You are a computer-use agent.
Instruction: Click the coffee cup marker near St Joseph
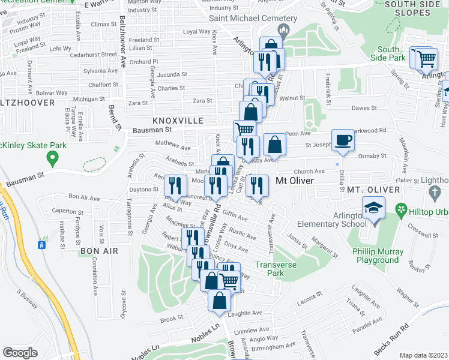click(343, 140)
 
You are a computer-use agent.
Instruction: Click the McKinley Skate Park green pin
click(52, 159)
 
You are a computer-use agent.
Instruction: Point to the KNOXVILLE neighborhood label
click(178, 121)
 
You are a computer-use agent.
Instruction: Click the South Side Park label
click(388, 54)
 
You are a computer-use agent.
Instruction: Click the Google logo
click(20, 352)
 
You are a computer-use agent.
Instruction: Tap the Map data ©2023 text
click(423, 355)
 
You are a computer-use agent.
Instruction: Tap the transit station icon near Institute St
click(42, 245)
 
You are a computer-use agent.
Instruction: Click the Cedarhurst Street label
click(92, 54)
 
